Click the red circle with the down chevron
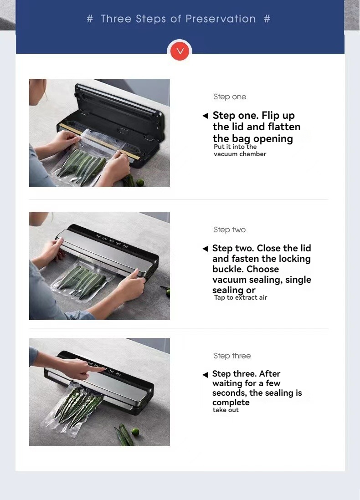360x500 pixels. [180, 51]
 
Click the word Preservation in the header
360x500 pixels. [221, 19]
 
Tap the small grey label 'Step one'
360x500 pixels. [230, 97]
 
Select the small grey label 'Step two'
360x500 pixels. [230, 230]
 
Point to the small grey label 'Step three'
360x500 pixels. [232, 356]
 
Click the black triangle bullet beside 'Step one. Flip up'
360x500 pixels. [206, 116]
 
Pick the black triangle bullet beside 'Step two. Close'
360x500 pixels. [206, 249]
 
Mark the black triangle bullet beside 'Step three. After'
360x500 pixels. [206, 374]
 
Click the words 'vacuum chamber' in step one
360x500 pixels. [240, 154]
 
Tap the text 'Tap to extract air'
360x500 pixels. [240, 297]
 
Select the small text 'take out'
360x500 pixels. [226, 410]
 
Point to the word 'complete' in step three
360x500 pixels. [231, 403]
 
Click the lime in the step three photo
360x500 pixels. [135, 433]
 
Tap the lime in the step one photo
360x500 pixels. [140, 183]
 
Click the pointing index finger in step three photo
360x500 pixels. [98, 369]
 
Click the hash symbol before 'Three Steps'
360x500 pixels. [90, 19]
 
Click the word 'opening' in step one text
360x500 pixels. [273, 139]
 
